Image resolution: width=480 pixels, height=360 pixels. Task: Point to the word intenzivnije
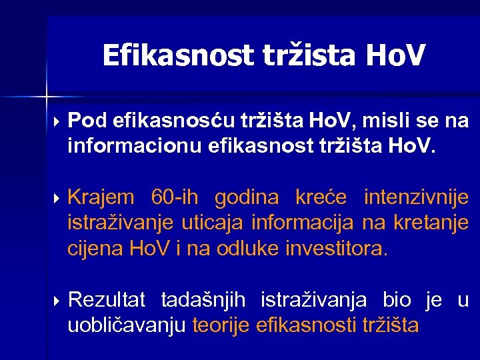click(416, 197)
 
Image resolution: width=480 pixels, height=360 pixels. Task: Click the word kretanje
click(431, 223)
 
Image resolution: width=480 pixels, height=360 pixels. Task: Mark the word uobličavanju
click(127, 327)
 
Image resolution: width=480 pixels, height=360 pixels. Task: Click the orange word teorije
click(221, 327)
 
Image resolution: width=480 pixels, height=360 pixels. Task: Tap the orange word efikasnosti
click(305, 327)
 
